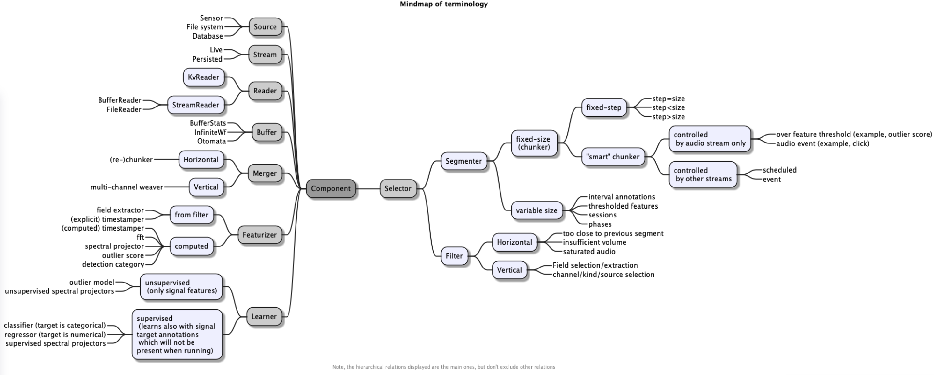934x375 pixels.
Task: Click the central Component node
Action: pos(331,188)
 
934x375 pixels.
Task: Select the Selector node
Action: pos(398,188)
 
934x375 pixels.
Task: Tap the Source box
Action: pos(265,27)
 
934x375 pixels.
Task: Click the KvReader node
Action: pos(203,77)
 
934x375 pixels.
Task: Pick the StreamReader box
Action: pos(195,105)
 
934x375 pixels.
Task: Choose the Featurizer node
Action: pos(259,235)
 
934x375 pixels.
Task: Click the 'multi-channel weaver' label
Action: pos(127,187)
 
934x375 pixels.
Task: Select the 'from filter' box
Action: pos(192,215)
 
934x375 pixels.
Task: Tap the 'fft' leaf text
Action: pos(140,238)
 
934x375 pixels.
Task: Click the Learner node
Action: pos(264,317)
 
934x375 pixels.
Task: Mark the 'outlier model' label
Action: pos(91,282)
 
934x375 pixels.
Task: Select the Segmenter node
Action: pos(463,161)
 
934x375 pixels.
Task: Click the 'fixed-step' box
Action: pos(604,108)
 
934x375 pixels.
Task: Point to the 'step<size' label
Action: pos(668,108)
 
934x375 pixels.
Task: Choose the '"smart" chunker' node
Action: pos(613,157)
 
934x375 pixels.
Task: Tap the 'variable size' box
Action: pos(536,211)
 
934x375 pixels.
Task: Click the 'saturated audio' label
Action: pos(589,252)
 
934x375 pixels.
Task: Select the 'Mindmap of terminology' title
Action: pos(443,4)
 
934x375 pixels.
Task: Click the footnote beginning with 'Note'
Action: pos(443,367)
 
